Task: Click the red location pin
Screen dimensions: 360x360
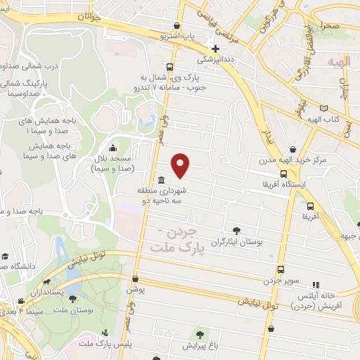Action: [x=181, y=165]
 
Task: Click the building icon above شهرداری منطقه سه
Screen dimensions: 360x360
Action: [x=162, y=179]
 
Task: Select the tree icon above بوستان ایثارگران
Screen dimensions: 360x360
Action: [x=236, y=230]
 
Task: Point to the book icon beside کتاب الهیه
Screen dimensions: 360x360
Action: [x=323, y=108]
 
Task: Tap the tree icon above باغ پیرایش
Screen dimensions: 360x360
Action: [x=202, y=334]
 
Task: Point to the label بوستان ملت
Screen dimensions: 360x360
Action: [x=83, y=309]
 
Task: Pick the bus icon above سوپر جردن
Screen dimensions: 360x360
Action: [x=281, y=269]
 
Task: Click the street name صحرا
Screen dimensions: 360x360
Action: [x=331, y=26]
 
